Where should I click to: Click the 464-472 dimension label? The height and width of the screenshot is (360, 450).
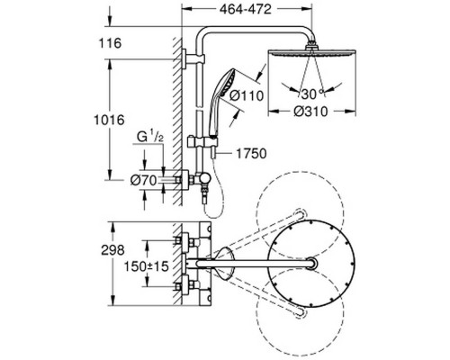coord(245,10)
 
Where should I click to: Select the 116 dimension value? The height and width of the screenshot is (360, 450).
coord(111,43)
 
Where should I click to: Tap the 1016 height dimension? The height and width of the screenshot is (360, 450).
coord(109,121)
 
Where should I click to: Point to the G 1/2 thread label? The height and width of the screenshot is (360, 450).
coord(150,137)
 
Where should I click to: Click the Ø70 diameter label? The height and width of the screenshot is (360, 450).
coord(144,181)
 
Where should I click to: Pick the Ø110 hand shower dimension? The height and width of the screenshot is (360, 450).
coord(247,95)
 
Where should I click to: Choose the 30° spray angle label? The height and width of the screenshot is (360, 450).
coord(312,94)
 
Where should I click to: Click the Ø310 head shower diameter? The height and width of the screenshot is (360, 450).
coord(311,112)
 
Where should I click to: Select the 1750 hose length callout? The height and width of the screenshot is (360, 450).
coord(251,154)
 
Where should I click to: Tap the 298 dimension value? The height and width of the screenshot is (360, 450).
coord(112,250)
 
